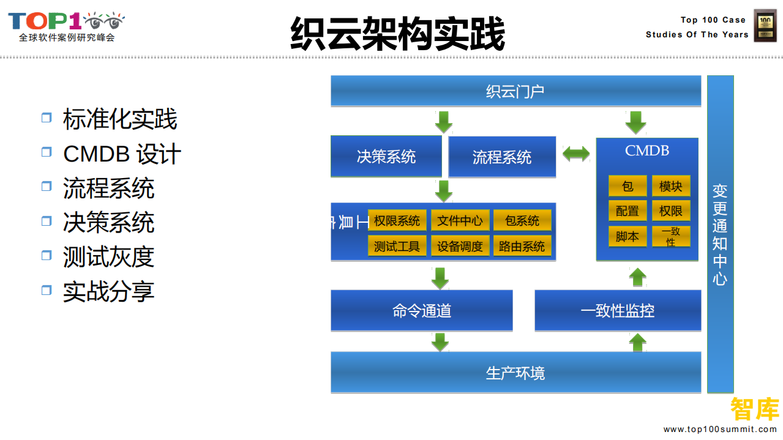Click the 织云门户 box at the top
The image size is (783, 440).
pos(515,91)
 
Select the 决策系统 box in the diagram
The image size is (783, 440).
pos(386,157)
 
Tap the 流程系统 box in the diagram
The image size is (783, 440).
pos(502,157)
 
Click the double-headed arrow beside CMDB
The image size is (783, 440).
pos(576,153)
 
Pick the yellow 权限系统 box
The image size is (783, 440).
pos(397,221)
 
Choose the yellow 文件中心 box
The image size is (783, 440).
pos(460,221)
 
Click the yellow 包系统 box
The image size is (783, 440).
pos(522,221)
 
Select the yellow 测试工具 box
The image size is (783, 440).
pos(397,246)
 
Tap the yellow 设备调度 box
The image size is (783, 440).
pos(460,246)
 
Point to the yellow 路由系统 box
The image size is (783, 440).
pos(522,246)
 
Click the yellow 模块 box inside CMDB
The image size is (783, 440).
pos(671,186)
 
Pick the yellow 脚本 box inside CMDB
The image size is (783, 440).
pos(628,236)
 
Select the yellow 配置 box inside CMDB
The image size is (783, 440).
pos(628,211)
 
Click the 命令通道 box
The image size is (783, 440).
pos(422,311)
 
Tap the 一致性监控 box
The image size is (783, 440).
pos(618,311)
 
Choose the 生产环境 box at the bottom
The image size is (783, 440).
pos(515,373)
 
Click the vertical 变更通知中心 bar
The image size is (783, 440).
pos(720,234)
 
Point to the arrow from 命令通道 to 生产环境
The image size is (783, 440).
pos(440,341)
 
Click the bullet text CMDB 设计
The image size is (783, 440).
pos(122,154)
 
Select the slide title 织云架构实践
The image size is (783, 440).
pos(397,34)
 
